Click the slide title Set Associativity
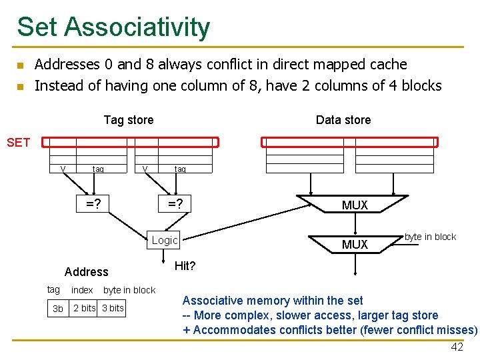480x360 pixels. point(113,27)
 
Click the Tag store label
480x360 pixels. point(129,120)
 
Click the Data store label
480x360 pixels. point(343,120)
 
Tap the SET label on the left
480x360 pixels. point(18,142)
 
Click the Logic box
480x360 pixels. point(165,240)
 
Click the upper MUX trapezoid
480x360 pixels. point(355,205)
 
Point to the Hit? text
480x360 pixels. point(185,266)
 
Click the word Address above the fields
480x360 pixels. point(86,272)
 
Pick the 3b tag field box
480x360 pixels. point(58,308)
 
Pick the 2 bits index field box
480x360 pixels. point(85,308)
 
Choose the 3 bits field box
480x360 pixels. point(113,308)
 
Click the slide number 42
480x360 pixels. point(457,347)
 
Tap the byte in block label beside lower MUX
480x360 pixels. point(431,237)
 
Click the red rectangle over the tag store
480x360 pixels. point(130,142)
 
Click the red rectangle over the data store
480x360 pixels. point(349,142)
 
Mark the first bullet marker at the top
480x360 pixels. point(20,66)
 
